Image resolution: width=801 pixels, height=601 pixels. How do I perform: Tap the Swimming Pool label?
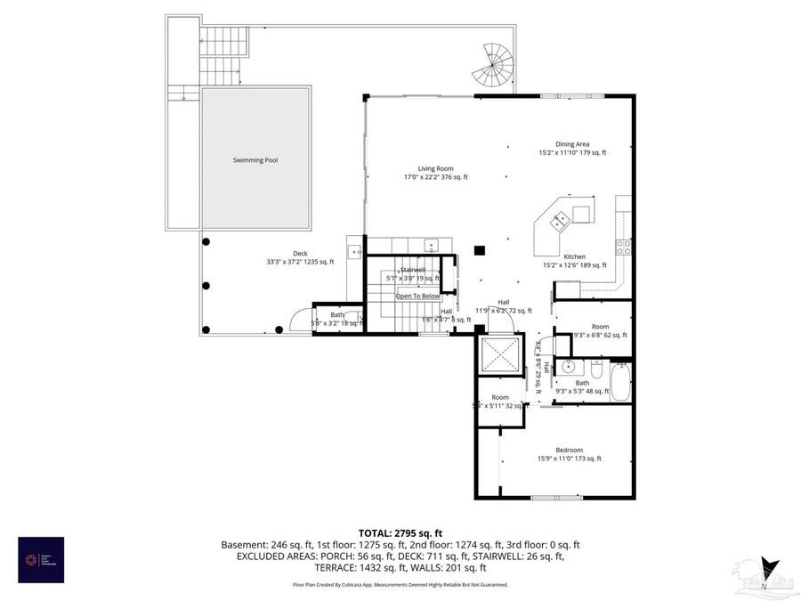(x=255, y=160)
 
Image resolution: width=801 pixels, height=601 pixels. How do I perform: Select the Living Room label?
(x=436, y=168)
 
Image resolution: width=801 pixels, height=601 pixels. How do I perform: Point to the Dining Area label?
(x=572, y=144)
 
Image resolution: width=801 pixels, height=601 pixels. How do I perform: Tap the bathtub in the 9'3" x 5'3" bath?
(x=620, y=383)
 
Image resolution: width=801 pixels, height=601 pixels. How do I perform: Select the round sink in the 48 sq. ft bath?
(x=568, y=365)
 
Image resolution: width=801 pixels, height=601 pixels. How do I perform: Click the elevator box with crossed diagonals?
(x=501, y=357)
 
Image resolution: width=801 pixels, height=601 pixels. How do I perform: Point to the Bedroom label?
(x=569, y=450)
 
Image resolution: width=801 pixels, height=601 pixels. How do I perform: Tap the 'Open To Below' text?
(x=417, y=296)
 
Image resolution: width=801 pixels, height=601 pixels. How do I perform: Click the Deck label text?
(x=275, y=253)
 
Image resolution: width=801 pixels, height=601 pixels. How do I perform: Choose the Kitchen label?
(x=574, y=256)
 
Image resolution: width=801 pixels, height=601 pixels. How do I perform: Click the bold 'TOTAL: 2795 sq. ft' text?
(x=400, y=531)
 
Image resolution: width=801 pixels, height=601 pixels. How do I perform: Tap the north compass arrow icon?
(x=770, y=570)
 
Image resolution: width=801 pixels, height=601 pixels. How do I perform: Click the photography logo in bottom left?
(x=41, y=559)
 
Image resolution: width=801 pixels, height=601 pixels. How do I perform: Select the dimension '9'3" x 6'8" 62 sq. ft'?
(x=601, y=336)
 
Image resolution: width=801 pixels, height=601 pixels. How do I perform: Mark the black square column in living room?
(x=480, y=251)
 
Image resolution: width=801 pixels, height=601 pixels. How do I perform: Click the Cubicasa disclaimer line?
(x=400, y=585)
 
